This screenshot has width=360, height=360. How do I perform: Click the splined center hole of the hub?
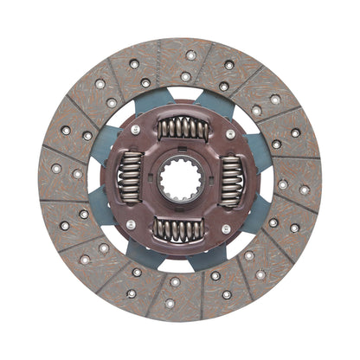coord(180,180)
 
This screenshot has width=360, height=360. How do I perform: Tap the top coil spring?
coord(183,129)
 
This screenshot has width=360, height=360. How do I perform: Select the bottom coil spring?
coord(178,229)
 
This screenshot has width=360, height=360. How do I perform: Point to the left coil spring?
coord(130,177)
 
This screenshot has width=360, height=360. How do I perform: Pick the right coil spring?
coord(230,182)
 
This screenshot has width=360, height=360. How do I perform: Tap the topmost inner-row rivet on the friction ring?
coord(185,76)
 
